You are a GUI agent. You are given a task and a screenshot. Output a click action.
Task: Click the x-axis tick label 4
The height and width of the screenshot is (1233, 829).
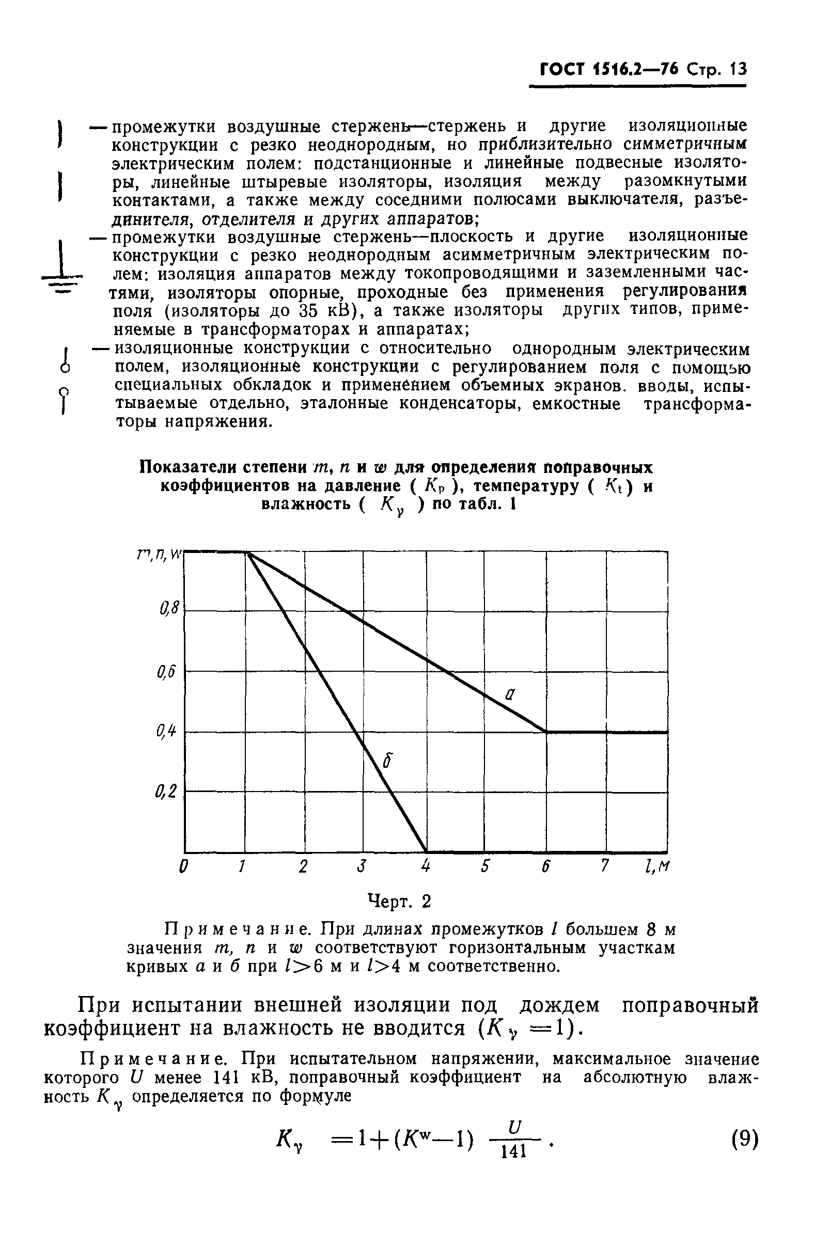[426, 867]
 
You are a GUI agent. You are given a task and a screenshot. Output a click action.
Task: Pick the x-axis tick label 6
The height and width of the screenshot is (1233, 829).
[545, 867]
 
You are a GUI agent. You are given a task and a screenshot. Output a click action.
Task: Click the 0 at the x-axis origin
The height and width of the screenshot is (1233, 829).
[183, 867]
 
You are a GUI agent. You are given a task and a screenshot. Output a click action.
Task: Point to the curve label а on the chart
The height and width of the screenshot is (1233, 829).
[510, 694]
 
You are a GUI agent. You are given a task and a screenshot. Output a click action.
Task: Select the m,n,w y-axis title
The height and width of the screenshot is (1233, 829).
[159, 555]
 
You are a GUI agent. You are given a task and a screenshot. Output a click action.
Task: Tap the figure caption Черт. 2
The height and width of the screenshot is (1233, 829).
[399, 901]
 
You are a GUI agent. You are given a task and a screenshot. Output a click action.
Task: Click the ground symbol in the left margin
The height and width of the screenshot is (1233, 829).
[62, 270]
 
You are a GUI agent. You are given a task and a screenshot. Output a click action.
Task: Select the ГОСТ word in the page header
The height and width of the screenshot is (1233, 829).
[562, 70]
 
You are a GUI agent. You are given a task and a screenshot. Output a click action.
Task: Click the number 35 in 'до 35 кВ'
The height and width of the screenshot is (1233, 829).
[308, 310]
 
